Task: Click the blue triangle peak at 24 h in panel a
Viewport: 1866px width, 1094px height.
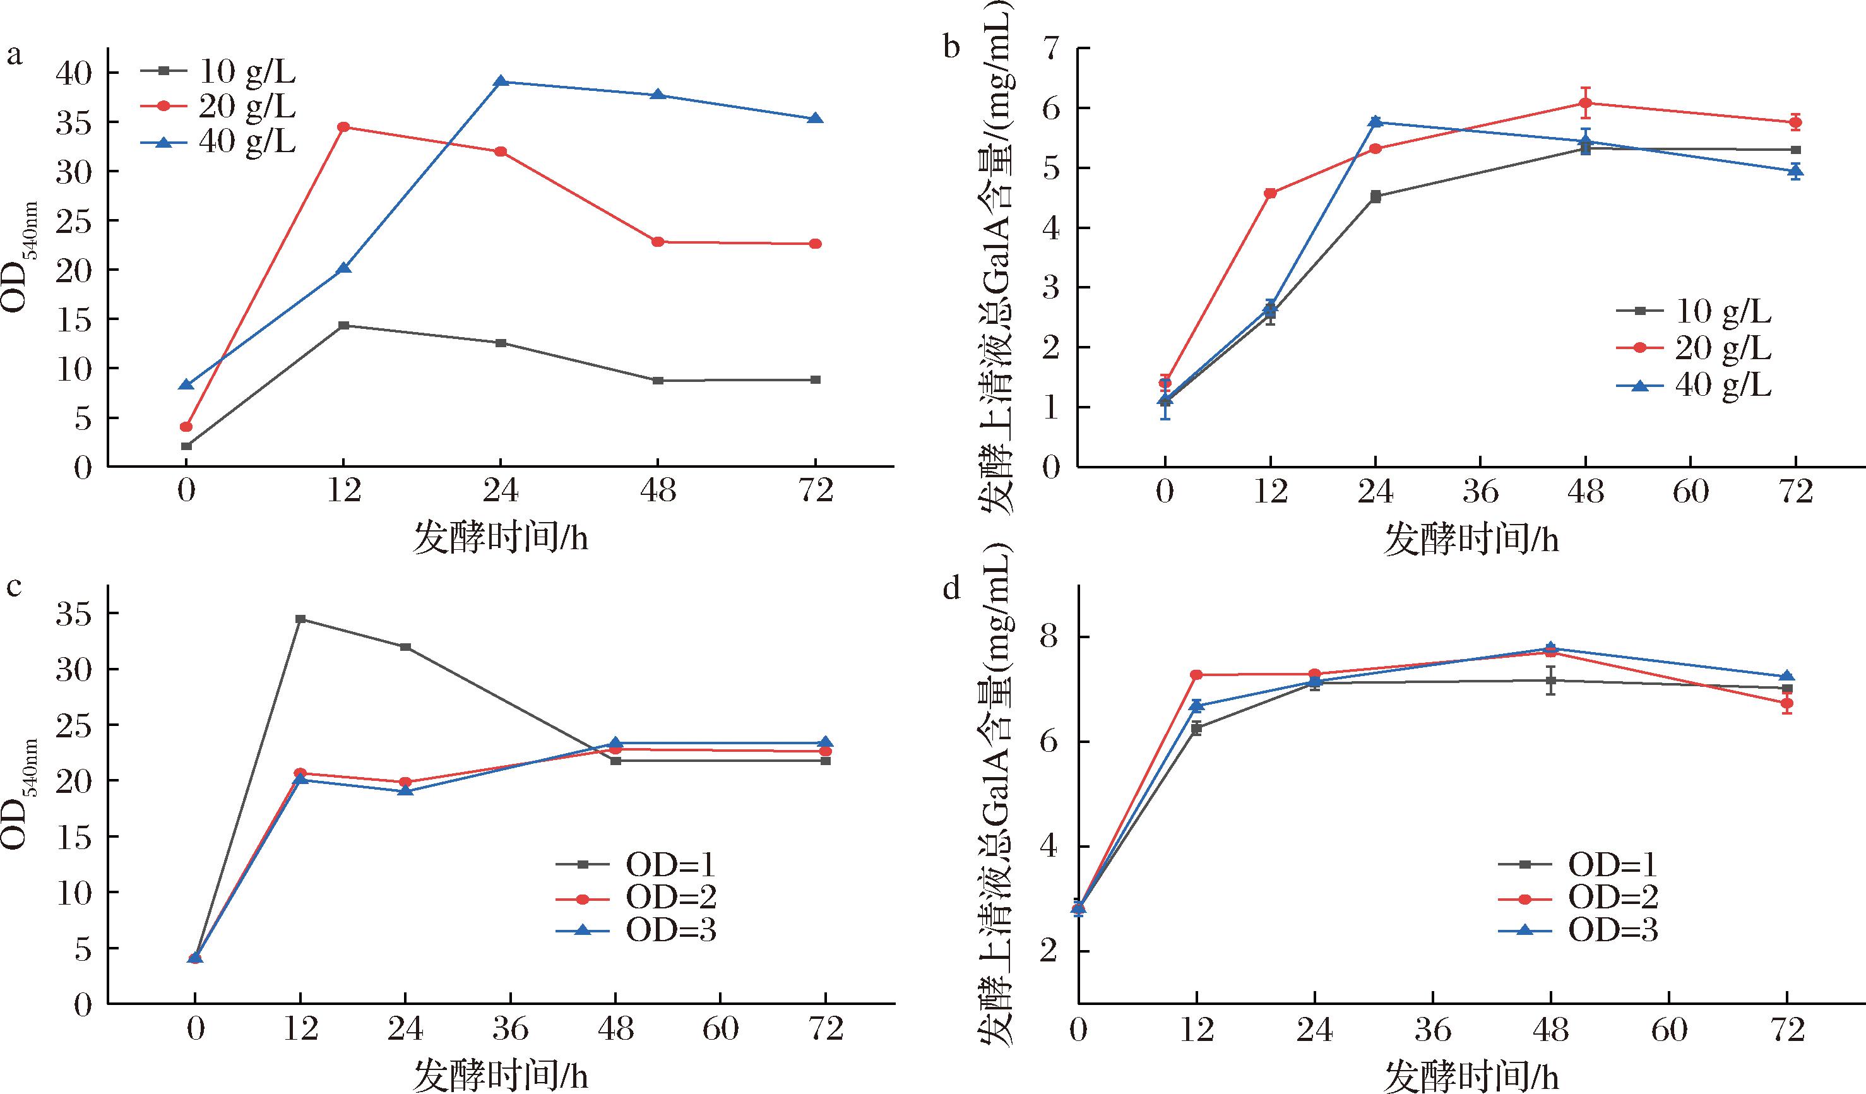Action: pyautogui.click(x=501, y=81)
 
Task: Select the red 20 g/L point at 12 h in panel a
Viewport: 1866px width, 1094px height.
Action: pyautogui.click(x=343, y=127)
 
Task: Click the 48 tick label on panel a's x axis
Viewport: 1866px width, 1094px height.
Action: pyautogui.click(x=658, y=491)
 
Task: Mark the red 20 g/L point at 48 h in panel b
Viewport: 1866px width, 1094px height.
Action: pyautogui.click(x=1585, y=104)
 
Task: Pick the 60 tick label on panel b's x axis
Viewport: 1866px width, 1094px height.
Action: pyautogui.click(x=1691, y=491)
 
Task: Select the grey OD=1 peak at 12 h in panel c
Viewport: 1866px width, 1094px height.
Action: pyautogui.click(x=300, y=619)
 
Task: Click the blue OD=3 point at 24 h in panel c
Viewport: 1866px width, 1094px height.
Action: pyautogui.click(x=406, y=790)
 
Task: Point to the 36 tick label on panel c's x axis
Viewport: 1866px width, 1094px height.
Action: pyautogui.click(x=510, y=1029)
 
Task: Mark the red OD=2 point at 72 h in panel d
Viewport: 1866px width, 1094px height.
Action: pyautogui.click(x=1786, y=703)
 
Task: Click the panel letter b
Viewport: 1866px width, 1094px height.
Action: pyautogui.click(x=951, y=49)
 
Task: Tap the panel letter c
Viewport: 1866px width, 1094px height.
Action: pyautogui.click(x=13, y=587)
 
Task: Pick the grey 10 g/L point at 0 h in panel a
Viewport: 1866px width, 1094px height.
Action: pyautogui.click(x=187, y=446)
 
